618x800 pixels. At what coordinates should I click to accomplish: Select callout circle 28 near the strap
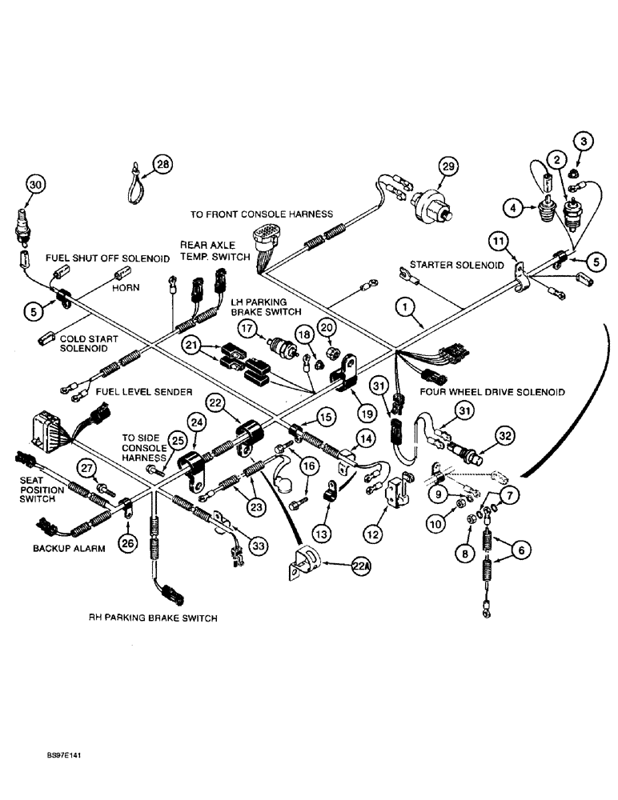point(163,165)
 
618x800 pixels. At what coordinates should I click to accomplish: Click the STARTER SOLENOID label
point(457,264)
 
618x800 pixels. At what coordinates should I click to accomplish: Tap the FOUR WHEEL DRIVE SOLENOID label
point(492,392)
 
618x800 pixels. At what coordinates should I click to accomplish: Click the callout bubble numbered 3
point(584,142)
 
